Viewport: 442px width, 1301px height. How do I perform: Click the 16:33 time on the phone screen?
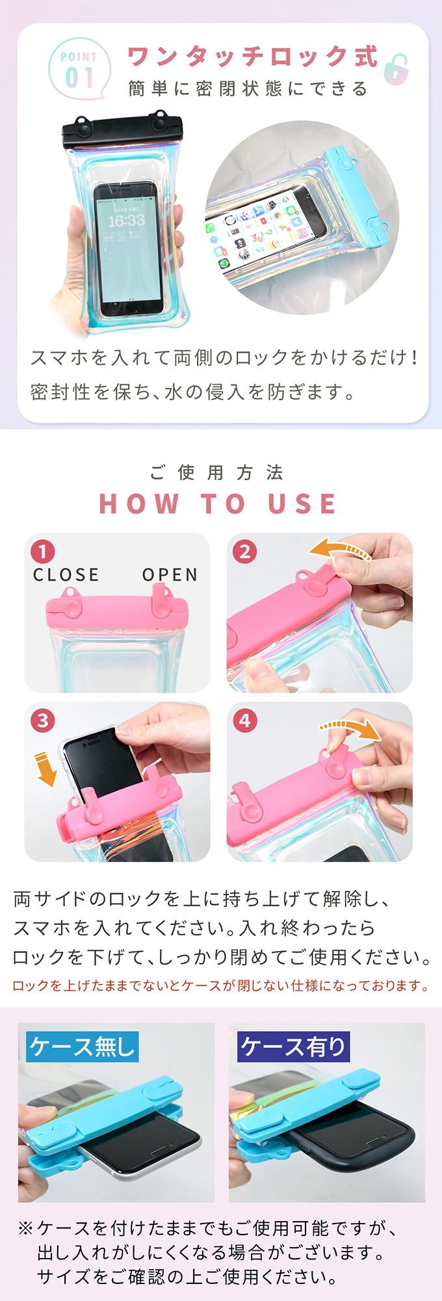click(x=127, y=221)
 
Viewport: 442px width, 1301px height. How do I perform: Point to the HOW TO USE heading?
click(x=218, y=503)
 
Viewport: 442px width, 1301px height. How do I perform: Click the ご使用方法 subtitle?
click(x=217, y=472)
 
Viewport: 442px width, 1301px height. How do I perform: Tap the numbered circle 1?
click(x=43, y=552)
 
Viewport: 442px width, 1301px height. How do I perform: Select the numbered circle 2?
click(x=244, y=552)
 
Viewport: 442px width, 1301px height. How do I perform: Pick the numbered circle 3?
click(x=43, y=720)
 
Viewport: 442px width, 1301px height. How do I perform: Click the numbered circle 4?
click(x=244, y=720)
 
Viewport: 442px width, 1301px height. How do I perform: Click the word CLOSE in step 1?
click(x=66, y=575)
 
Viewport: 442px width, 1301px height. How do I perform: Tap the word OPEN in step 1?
click(x=170, y=575)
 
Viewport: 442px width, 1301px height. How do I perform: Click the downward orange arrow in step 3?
click(x=45, y=768)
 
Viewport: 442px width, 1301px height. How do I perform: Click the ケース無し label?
click(x=82, y=1046)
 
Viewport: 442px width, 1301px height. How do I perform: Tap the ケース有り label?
click(x=294, y=1046)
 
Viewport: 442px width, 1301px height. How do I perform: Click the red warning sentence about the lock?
click(x=221, y=986)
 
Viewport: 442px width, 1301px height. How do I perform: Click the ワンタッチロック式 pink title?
click(x=253, y=57)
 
